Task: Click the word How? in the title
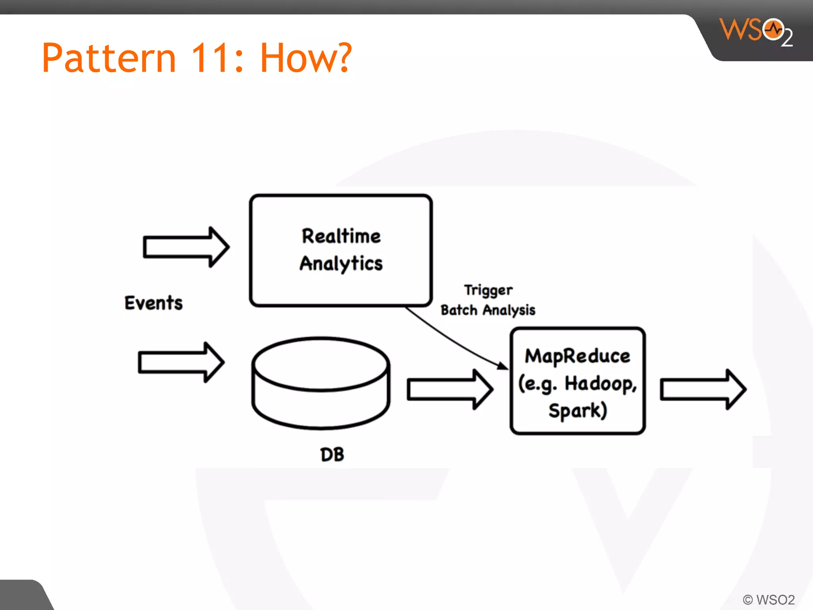pos(306,58)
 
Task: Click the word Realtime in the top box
pos(341,236)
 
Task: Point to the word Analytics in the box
pos(341,264)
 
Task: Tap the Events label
pos(154,303)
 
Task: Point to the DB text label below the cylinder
pos(332,455)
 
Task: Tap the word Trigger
pos(488,290)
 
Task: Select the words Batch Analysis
pos(488,310)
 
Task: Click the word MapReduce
pos(577,356)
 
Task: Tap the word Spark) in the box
pos(578,411)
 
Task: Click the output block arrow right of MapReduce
pos(703,389)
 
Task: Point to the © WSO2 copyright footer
pos(769,599)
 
